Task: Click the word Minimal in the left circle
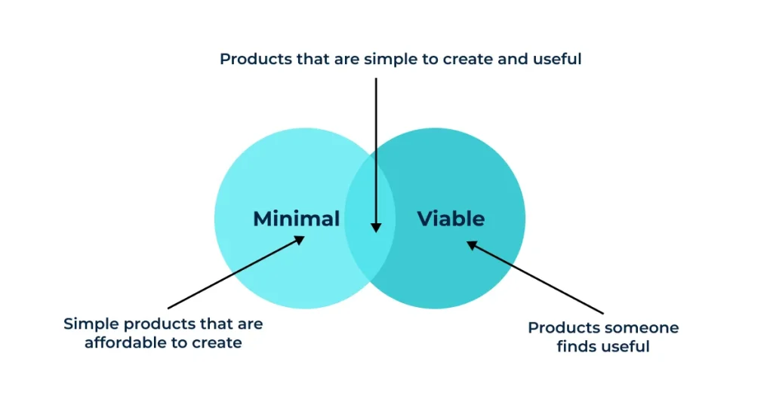tap(296, 219)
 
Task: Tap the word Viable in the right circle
tap(451, 219)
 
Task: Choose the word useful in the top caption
tap(557, 59)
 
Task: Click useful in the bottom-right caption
tap(626, 347)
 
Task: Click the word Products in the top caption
tap(252, 59)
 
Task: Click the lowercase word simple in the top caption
tap(388, 59)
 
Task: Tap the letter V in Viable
tap(426, 219)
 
